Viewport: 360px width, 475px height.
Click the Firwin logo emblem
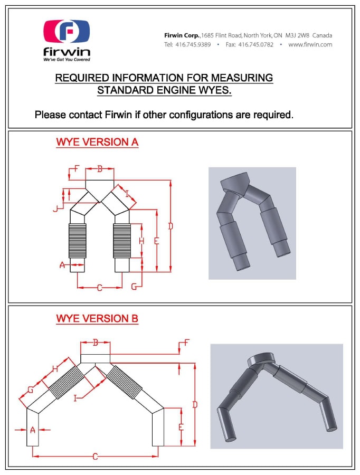pos(67,31)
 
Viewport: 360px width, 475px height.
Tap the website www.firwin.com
pos(310,44)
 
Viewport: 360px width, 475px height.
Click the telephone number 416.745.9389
pos(193,44)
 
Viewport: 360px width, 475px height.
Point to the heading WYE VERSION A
pos(97,142)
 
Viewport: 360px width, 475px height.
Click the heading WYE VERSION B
pos(97,319)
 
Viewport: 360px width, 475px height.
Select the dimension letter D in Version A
pos(170,226)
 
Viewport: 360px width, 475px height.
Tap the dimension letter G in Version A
pos(134,286)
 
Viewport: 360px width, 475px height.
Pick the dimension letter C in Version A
pos(99,288)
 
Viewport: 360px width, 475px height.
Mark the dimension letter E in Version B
pos(181,427)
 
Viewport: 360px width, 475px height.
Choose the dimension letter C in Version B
pos(95,456)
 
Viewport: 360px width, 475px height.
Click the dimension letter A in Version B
pos(33,430)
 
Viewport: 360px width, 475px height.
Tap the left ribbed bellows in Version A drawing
pos(78,241)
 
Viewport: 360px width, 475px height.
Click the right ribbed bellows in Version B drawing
pos(124,382)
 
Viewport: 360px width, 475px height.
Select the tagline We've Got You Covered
pos(67,60)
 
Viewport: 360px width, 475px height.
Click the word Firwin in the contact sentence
pos(118,115)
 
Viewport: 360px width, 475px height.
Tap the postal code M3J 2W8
pos(297,35)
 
